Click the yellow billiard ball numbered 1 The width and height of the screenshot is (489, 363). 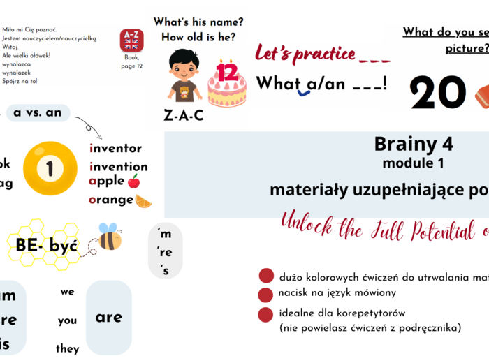(50, 168)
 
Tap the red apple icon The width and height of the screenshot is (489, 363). (133, 181)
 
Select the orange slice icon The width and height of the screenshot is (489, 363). (143, 201)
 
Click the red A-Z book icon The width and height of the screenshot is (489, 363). (131, 40)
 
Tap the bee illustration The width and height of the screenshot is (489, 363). (110, 237)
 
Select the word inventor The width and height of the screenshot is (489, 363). (115, 148)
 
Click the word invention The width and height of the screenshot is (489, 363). (119, 166)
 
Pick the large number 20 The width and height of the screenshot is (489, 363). (438, 93)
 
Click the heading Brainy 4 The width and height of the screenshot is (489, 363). (414, 144)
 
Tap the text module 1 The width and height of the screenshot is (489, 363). (413, 163)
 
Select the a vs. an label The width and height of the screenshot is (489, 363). (38, 112)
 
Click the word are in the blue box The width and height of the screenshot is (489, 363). (108, 317)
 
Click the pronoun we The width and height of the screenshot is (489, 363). (67, 292)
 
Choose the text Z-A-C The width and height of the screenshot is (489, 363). (184, 116)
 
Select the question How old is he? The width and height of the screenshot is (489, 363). (198, 37)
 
